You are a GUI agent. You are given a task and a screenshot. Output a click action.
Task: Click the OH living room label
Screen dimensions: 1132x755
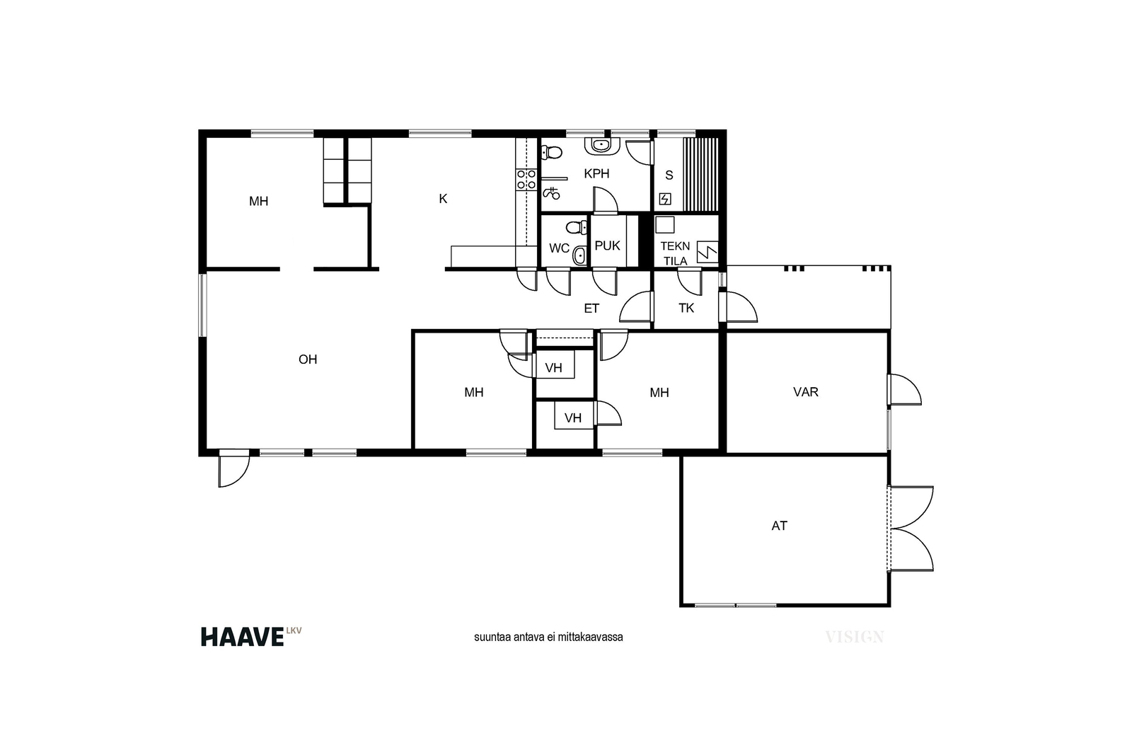[308, 359]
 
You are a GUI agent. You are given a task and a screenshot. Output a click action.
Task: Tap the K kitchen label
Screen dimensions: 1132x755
[443, 199]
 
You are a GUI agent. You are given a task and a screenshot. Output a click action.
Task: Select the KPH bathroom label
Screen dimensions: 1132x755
[596, 174]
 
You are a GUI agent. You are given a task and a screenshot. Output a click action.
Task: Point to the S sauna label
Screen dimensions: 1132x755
[669, 175]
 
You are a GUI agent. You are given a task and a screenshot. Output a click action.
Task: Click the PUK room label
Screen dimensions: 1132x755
[608, 246]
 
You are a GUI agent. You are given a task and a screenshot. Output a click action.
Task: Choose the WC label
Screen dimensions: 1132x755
[560, 248]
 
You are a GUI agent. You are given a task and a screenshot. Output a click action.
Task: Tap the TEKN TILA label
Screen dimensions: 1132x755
[675, 254]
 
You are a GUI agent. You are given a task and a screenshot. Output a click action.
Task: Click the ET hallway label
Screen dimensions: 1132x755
[591, 309]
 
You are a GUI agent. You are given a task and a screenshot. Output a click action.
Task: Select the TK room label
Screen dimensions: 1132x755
[686, 309]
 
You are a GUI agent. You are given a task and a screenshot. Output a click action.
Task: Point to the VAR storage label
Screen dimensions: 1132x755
[806, 391]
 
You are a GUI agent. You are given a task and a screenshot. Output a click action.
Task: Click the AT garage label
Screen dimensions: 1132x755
[779, 526]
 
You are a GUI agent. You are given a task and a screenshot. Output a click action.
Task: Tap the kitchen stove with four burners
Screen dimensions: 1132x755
[526, 180]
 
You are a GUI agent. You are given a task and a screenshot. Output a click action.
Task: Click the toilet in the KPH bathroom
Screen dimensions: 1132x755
[551, 151]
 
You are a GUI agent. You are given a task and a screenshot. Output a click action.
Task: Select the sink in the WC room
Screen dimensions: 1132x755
[579, 255]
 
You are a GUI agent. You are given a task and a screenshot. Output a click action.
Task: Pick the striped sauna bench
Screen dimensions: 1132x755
[700, 174]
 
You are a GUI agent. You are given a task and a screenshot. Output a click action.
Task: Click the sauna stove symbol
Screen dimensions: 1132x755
[665, 199]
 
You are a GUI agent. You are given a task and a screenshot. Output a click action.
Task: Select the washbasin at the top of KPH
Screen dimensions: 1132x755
[601, 146]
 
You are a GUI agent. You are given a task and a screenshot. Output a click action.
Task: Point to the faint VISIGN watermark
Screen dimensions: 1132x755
[855, 637]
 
